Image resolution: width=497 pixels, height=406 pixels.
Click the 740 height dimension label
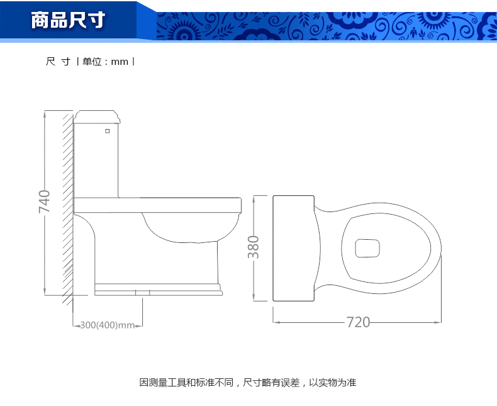tap(45, 201)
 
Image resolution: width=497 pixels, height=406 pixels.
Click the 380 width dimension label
tap(254, 247)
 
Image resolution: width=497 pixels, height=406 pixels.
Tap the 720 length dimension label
tap(358, 322)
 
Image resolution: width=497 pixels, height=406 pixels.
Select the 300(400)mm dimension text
tap(108, 325)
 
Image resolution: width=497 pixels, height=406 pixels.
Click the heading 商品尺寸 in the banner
tap(68, 20)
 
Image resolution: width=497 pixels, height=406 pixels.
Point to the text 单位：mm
tap(105, 61)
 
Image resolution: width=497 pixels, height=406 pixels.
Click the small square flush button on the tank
tap(108, 131)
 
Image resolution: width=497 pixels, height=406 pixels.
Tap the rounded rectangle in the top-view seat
tap(367, 249)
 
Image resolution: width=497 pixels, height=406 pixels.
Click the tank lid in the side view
tap(97, 116)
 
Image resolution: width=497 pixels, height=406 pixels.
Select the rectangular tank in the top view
tap(294, 249)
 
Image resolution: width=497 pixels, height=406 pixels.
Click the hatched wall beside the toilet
tap(68, 208)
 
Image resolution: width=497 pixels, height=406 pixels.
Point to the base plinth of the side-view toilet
tap(159, 290)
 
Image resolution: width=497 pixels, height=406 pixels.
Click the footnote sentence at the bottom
tap(248, 382)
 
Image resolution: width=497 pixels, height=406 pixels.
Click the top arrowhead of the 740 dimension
tap(45, 113)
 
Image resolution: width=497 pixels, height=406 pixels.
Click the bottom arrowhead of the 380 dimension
tap(254, 298)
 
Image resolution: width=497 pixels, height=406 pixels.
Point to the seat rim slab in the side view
tap(157, 205)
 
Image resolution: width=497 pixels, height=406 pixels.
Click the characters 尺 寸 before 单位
tap(58, 61)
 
